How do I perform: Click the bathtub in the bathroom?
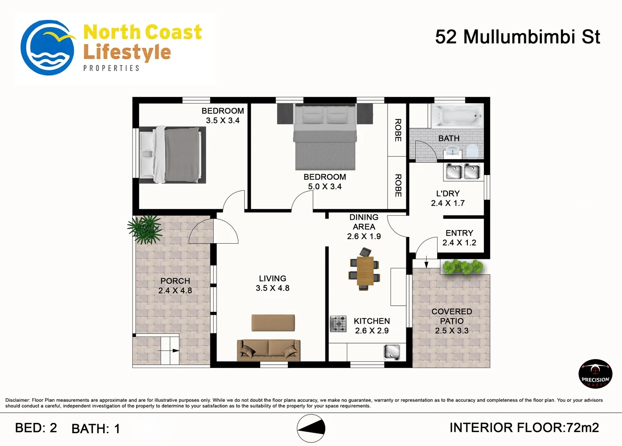(457, 116)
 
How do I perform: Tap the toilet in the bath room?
(472, 152)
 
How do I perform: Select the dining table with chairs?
(364, 270)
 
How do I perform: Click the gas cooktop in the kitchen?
(338, 324)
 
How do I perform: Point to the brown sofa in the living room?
(269, 350)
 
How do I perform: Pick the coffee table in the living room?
(273, 323)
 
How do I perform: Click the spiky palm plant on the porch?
(145, 229)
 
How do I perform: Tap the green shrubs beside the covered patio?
(463, 267)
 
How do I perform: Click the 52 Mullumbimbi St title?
(518, 37)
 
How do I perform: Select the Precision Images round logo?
(595, 374)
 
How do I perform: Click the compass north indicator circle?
(311, 428)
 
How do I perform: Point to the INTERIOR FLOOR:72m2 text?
(524, 428)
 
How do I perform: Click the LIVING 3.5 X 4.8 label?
(273, 283)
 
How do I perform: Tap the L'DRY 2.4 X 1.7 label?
(448, 198)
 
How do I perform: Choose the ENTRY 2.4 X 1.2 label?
(459, 238)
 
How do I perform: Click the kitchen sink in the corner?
(392, 352)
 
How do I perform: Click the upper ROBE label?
(398, 130)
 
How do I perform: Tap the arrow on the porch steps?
(168, 351)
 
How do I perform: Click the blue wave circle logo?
(47, 47)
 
